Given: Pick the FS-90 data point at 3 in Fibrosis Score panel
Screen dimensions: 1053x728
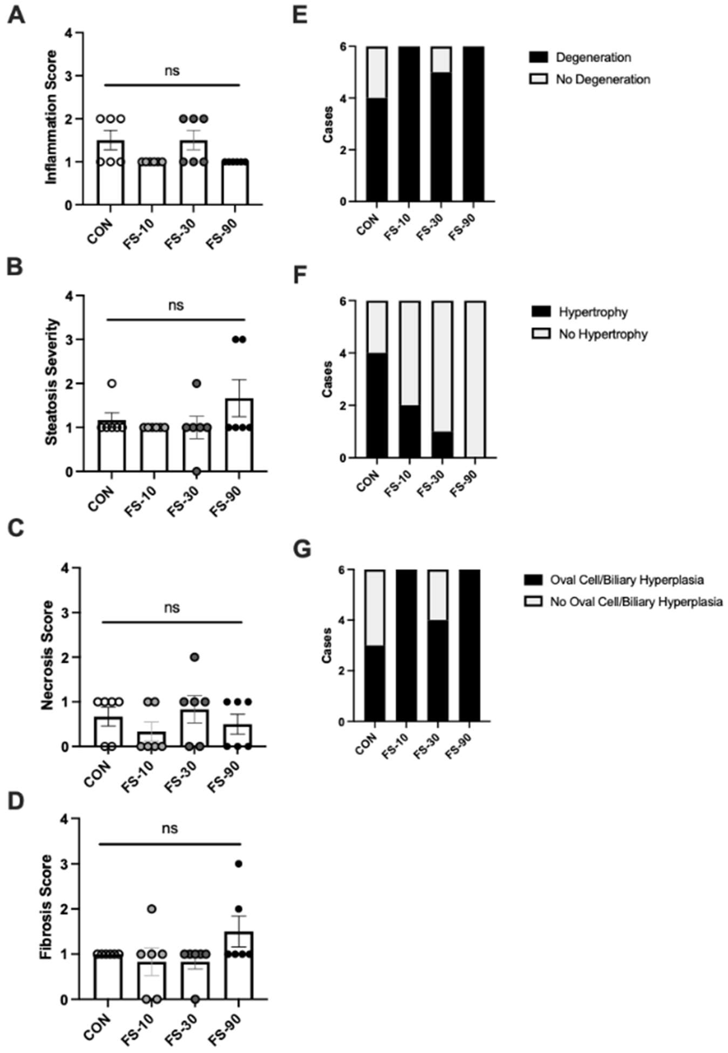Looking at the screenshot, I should coord(238,864).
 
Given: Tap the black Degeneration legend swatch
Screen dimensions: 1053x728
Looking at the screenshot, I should coord(538,58).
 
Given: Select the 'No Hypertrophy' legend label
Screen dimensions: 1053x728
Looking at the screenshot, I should coord(603,334).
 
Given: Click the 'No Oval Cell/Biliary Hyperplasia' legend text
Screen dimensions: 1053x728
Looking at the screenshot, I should coord(636,602).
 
